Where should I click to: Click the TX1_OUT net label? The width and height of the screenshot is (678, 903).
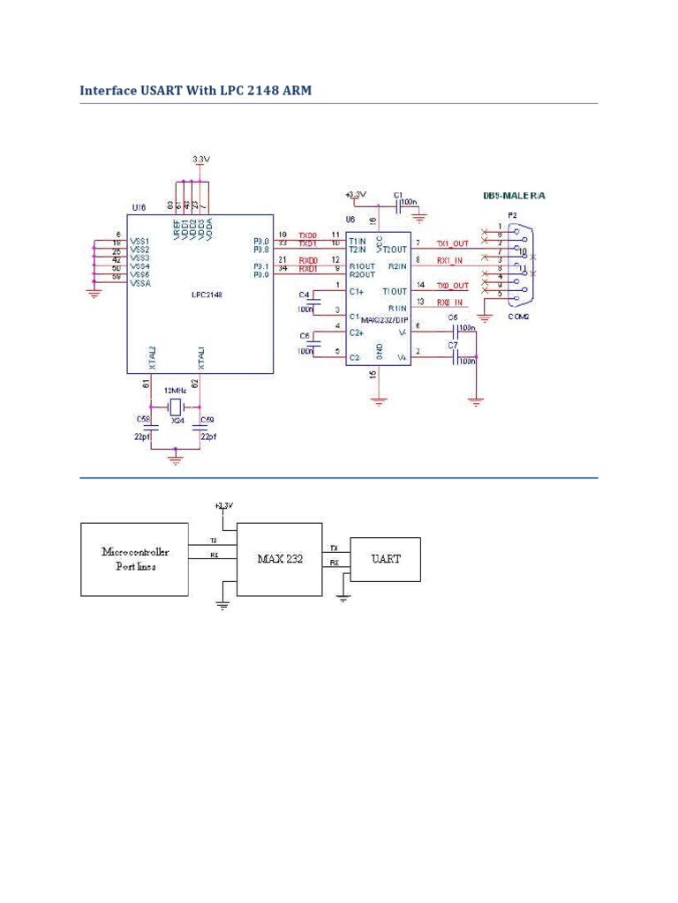tap(455, 243)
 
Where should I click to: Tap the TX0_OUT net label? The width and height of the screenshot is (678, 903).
tap(455, 286)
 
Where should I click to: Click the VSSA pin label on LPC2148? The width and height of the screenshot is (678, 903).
tap(141, 284)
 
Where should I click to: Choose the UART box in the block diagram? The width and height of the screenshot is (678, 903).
tap(385, 559)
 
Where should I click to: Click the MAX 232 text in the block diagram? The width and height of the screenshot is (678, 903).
tap(281, 559)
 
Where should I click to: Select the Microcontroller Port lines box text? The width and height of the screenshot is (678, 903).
tap(134, 559)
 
